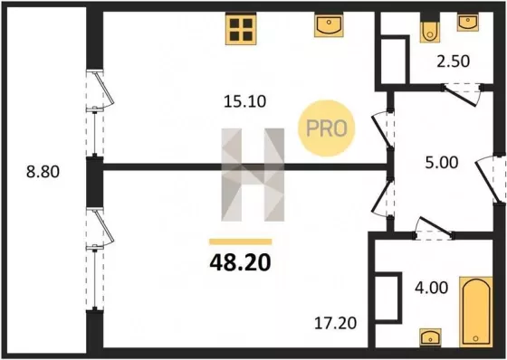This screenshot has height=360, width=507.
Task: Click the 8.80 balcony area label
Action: pos(43,172)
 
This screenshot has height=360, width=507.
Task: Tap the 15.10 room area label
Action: pos(245,101)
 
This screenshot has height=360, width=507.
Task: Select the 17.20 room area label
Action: pos(336,323)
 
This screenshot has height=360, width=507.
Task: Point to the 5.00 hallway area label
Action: pos(442,163)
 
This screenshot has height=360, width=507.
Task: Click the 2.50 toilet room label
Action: pos(453,62)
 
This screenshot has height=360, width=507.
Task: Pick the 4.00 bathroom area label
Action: pos(432,288)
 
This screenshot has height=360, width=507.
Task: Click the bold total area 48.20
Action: pos(240,263)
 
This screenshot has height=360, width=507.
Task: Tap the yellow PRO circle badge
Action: pos(326,128)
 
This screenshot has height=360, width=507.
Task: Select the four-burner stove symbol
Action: pos(241,28)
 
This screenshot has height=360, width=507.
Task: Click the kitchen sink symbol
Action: pos(329,25)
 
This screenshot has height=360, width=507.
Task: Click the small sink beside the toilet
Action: pos(467,23)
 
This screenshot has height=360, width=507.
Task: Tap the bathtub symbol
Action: pos(476,312)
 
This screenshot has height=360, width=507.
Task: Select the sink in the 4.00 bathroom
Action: pos(430,337)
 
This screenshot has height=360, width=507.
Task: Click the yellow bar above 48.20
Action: pos(240,242)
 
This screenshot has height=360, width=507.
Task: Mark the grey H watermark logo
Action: pos(253,175)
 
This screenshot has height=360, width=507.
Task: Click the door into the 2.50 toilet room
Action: pos(462,94)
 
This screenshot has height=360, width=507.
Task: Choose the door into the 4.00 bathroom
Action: pos(434,228)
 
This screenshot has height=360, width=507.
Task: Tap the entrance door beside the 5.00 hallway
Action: pos(490,179)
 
